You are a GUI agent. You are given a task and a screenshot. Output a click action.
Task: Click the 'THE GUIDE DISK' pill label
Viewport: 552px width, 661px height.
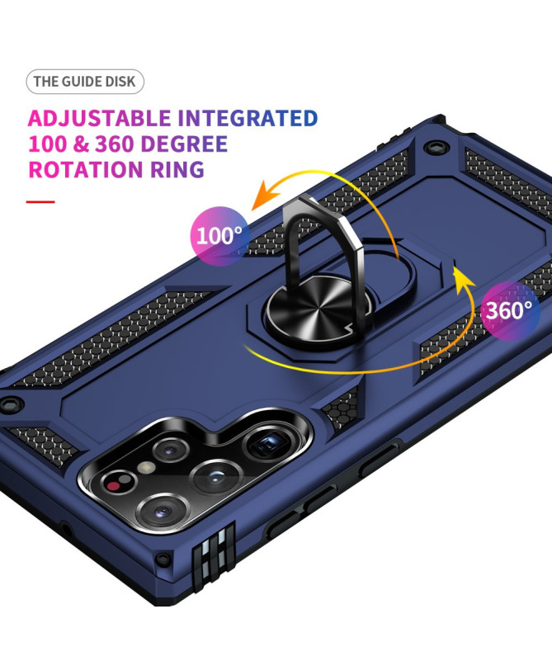point(85,82)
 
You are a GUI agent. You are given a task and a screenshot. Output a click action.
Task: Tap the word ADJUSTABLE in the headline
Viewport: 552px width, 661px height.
point(100,118)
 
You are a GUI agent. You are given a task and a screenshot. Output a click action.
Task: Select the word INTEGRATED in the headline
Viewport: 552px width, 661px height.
point(248,118)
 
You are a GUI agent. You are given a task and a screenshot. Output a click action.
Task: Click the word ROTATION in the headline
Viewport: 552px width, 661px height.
point(86,169)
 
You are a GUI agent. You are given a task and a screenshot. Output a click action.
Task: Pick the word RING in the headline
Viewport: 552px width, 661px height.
point(177,169)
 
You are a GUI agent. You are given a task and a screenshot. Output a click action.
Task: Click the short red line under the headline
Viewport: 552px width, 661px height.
point(40,202)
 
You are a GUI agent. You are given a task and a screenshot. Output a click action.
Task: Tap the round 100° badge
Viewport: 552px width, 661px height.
point(219,236)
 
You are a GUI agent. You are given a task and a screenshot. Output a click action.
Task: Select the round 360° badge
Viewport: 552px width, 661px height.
point(510,310)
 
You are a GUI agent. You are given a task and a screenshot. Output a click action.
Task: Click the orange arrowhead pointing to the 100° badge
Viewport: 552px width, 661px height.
point(265,196)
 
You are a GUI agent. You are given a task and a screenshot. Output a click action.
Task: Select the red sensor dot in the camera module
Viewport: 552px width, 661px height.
point(113,484)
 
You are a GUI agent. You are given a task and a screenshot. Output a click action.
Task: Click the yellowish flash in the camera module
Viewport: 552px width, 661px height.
point(147,467)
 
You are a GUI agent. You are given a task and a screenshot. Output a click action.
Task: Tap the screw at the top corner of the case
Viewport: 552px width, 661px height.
point(432,148)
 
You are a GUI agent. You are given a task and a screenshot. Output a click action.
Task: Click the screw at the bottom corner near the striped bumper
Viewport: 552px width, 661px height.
point(163,559)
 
